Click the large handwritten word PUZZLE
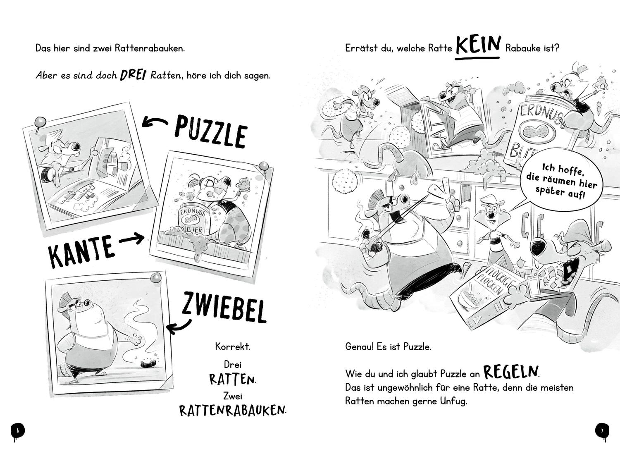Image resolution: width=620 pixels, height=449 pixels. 211,131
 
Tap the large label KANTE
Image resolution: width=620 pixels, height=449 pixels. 81,250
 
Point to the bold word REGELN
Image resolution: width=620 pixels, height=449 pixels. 511,372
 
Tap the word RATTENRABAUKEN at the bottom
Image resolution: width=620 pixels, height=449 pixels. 233,410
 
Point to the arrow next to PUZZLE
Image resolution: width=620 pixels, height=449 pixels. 155,122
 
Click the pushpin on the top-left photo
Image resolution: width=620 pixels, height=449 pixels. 40,122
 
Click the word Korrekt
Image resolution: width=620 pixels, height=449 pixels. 232,346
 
